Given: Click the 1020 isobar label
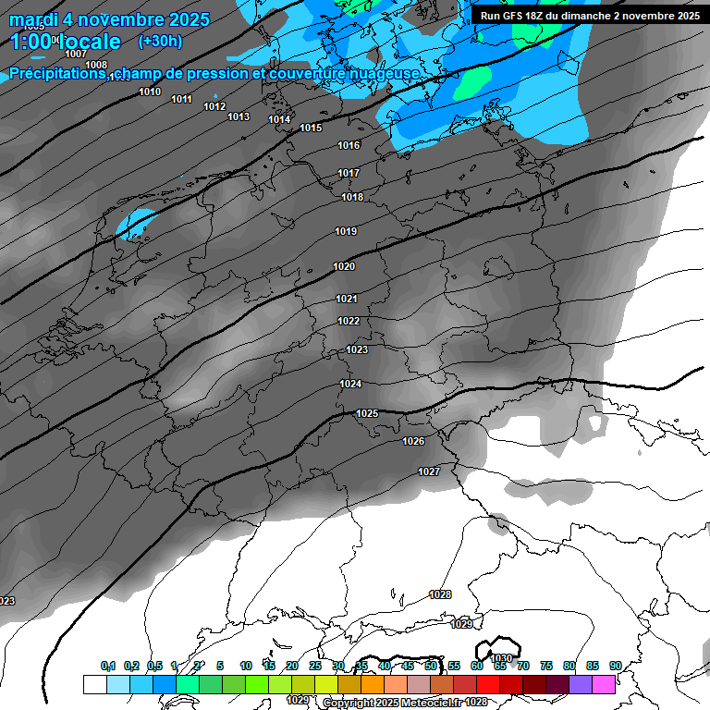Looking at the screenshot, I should pyautogui.click(x=344, y=266).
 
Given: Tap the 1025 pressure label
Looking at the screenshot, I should pyautogui.click(x=367, y=413).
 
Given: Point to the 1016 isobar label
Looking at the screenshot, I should pyautogui.click(x=349, y=145).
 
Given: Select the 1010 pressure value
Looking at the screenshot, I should pyautogui.click(x=150, y=92).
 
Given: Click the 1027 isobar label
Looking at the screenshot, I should pyautogui.click(x=429, y=471).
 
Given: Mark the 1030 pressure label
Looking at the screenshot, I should pyautogui.click(x=502, y=658).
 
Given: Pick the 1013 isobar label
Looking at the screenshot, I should pyautogui.click(x=239, y=116).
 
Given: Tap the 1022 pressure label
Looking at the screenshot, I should pyautogui.click(x=349, y=321).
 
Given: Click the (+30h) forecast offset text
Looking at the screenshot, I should pyautogui.click(x=160, y=42).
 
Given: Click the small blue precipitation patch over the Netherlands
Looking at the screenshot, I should pyautogui.click(x=139, y=223).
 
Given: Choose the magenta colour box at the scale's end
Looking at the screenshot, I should pyautogui.click(x=604, y=684).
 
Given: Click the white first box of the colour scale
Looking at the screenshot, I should pyautogui.click(x=94, y=684).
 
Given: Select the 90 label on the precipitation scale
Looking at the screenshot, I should pyautogui.click(x=615, y=666).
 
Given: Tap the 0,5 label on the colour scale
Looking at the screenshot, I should pyautogui.click(x=153, y=666).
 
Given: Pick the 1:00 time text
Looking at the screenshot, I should pyautogui.click(x=31, y=42).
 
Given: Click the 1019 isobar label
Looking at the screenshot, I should pyautogui.click(x=346, y=231).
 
